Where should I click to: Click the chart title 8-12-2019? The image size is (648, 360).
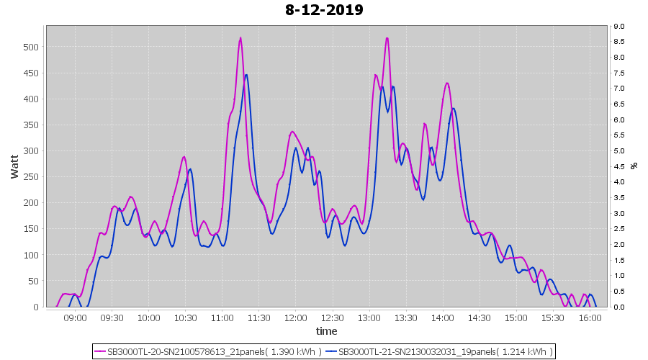pos(324,10)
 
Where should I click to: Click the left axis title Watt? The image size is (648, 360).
pos(15,166)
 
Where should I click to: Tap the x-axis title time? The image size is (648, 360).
pos(326,331)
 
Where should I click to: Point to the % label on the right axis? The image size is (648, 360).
pos(634,166)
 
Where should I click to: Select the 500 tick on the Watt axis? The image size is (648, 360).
pos(30,47)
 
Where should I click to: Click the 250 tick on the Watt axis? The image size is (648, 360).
pos(30,177)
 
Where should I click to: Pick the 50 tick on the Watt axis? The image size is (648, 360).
pos(32,281)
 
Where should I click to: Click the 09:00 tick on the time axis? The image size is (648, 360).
pos(75,317)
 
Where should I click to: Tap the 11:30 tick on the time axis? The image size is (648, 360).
pos(258,317)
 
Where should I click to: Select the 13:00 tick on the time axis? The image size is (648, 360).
pos(369,317)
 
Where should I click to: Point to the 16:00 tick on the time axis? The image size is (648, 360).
pos(590,317)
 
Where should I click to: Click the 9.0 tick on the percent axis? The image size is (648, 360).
pos(619,27)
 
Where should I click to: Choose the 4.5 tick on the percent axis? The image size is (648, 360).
pos(619,167)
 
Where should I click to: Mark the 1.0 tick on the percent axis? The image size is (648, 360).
pos(619,276)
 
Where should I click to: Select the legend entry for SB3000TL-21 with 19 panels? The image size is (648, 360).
pos(439,351)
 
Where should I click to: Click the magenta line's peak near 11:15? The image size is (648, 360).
pos(240,38)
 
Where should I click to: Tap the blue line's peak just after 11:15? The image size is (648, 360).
pos(246,75)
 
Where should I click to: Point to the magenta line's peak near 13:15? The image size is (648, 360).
pos(387,38)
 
